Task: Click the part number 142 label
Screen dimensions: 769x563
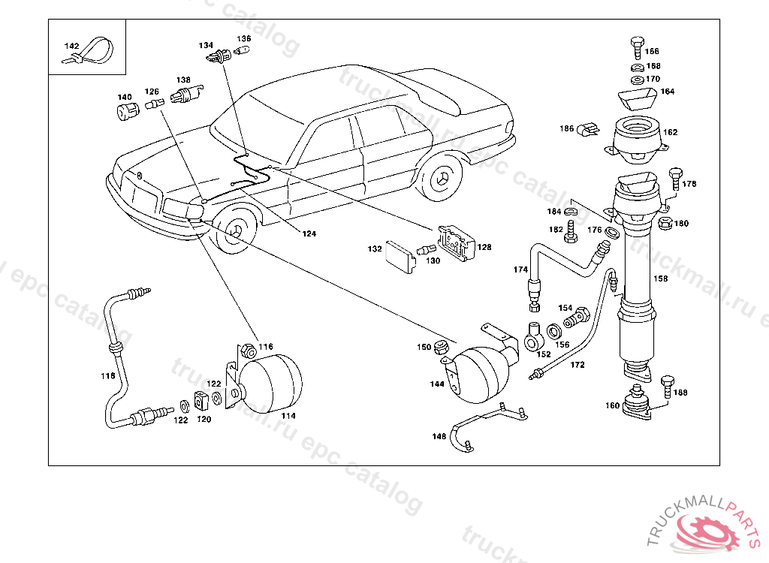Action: [x=71, y=46]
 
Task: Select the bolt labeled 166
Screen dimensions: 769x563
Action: [x=637, y=47]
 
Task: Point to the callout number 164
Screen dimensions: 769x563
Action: [x=668, y=92]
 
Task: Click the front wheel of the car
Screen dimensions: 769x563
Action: [x=237, y=230]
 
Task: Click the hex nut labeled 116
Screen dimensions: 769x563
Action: [x=249, y=351]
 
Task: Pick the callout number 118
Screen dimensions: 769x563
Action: [x=108, y=376]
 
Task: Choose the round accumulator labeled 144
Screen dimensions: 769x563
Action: [x=480, y=374]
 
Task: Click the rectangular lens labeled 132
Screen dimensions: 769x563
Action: [x=401, y=257]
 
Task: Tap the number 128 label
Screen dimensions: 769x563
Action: [x=484, y=247]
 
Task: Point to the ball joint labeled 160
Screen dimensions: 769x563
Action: [x=637, y=402]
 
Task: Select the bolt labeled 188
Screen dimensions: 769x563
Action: [x=668, y=387]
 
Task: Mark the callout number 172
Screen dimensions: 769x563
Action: [x=578, y=365]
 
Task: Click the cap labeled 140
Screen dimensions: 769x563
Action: [x=128, y=112]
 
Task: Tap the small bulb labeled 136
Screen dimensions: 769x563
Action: [x=241, y=50]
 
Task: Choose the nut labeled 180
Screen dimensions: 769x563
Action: [x=665, y=224]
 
